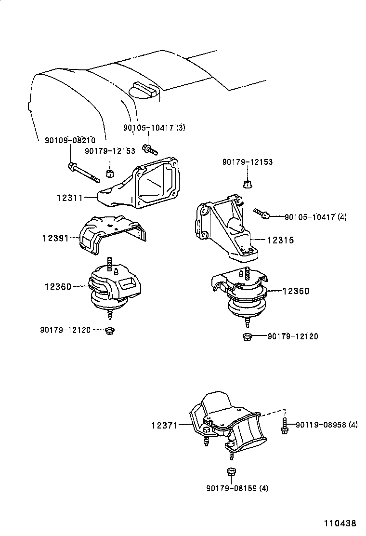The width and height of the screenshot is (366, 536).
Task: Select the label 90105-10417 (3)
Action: click(x=154, y=128)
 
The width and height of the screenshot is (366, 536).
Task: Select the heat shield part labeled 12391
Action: click(x=111, y=234)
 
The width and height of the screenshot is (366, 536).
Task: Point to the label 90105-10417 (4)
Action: click(x=315, y=217)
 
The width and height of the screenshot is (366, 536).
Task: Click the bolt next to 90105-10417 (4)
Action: click(x=261, y=214)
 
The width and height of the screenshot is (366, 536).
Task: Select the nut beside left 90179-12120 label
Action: click(x=110, y=330)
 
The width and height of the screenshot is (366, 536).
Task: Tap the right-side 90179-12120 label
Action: click(x=293, y=336)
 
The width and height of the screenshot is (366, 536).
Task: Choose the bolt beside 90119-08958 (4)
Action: click(x=285, y=427)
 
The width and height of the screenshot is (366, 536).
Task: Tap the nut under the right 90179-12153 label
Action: click(x=248, y=183)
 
